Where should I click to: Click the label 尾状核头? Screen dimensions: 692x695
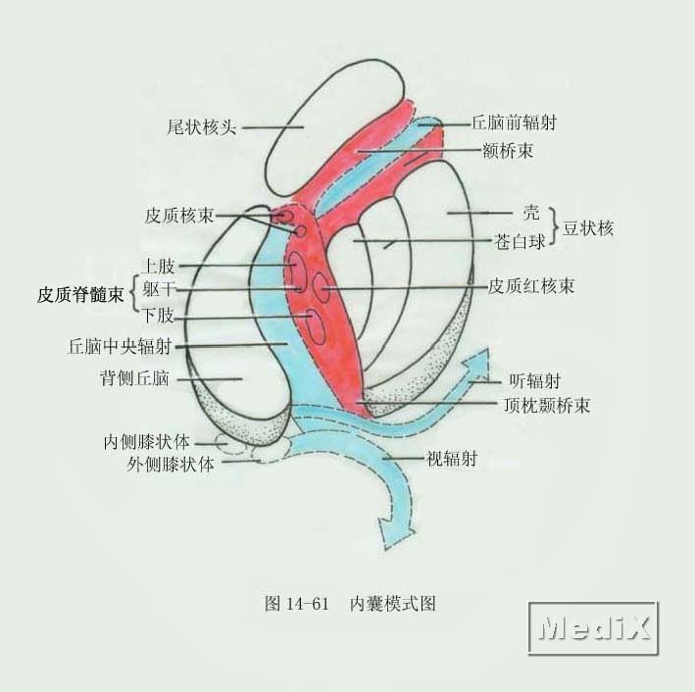202,127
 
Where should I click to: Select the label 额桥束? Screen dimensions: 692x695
508,151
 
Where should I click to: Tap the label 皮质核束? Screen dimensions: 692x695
178,215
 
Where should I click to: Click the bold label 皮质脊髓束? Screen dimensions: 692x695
81,293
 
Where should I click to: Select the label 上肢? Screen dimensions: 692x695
159,266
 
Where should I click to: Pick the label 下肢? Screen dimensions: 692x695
159,316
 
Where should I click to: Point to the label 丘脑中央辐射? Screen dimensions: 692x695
121,345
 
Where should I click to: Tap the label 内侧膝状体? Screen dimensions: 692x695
147,441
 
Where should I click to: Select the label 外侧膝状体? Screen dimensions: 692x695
171,464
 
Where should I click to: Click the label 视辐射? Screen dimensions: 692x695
452,457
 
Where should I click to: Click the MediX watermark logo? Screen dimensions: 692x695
594,626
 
